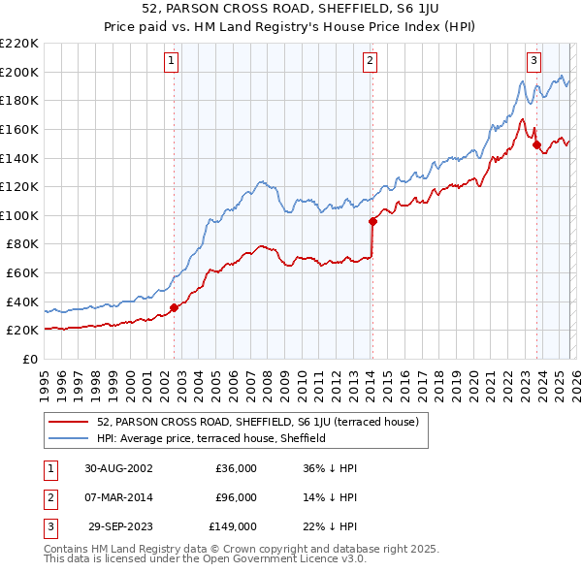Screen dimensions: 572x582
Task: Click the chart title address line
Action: point(290,9)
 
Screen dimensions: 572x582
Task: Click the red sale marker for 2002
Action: point(175,307)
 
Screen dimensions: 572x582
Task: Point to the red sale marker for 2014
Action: point(372,221)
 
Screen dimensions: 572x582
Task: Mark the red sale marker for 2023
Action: point(536,144)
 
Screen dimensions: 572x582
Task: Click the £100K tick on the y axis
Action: point(20,215)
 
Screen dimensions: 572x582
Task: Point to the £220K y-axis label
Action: point(20,44)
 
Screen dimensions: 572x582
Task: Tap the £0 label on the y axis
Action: point(29,359)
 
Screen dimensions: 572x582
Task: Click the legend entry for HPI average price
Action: point(210,438)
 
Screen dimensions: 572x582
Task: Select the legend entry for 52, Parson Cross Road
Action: point(257,422)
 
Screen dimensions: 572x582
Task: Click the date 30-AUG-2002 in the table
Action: point(118,468)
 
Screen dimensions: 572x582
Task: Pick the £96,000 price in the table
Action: point(236,497)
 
